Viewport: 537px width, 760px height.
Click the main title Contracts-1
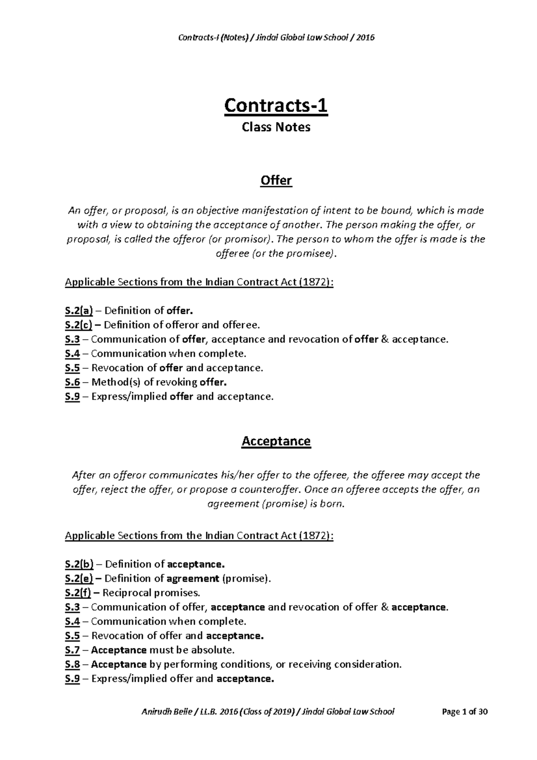(x=276, y=106)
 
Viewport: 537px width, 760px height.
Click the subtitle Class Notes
(x=276, y=127)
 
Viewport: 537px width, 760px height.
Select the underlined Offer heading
(x=276, y=181)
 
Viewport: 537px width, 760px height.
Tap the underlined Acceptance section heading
(x=276, y=441)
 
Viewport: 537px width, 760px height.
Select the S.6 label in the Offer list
(x=72, y=382)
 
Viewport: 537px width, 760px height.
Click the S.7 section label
(x=72, y=650)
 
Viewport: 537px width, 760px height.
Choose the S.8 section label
(x=72, y=664)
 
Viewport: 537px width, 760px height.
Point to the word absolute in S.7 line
(x=213, y=650)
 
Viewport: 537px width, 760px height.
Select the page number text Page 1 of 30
(x=465, y=712)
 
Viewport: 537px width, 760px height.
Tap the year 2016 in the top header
(x=365, y=38)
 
